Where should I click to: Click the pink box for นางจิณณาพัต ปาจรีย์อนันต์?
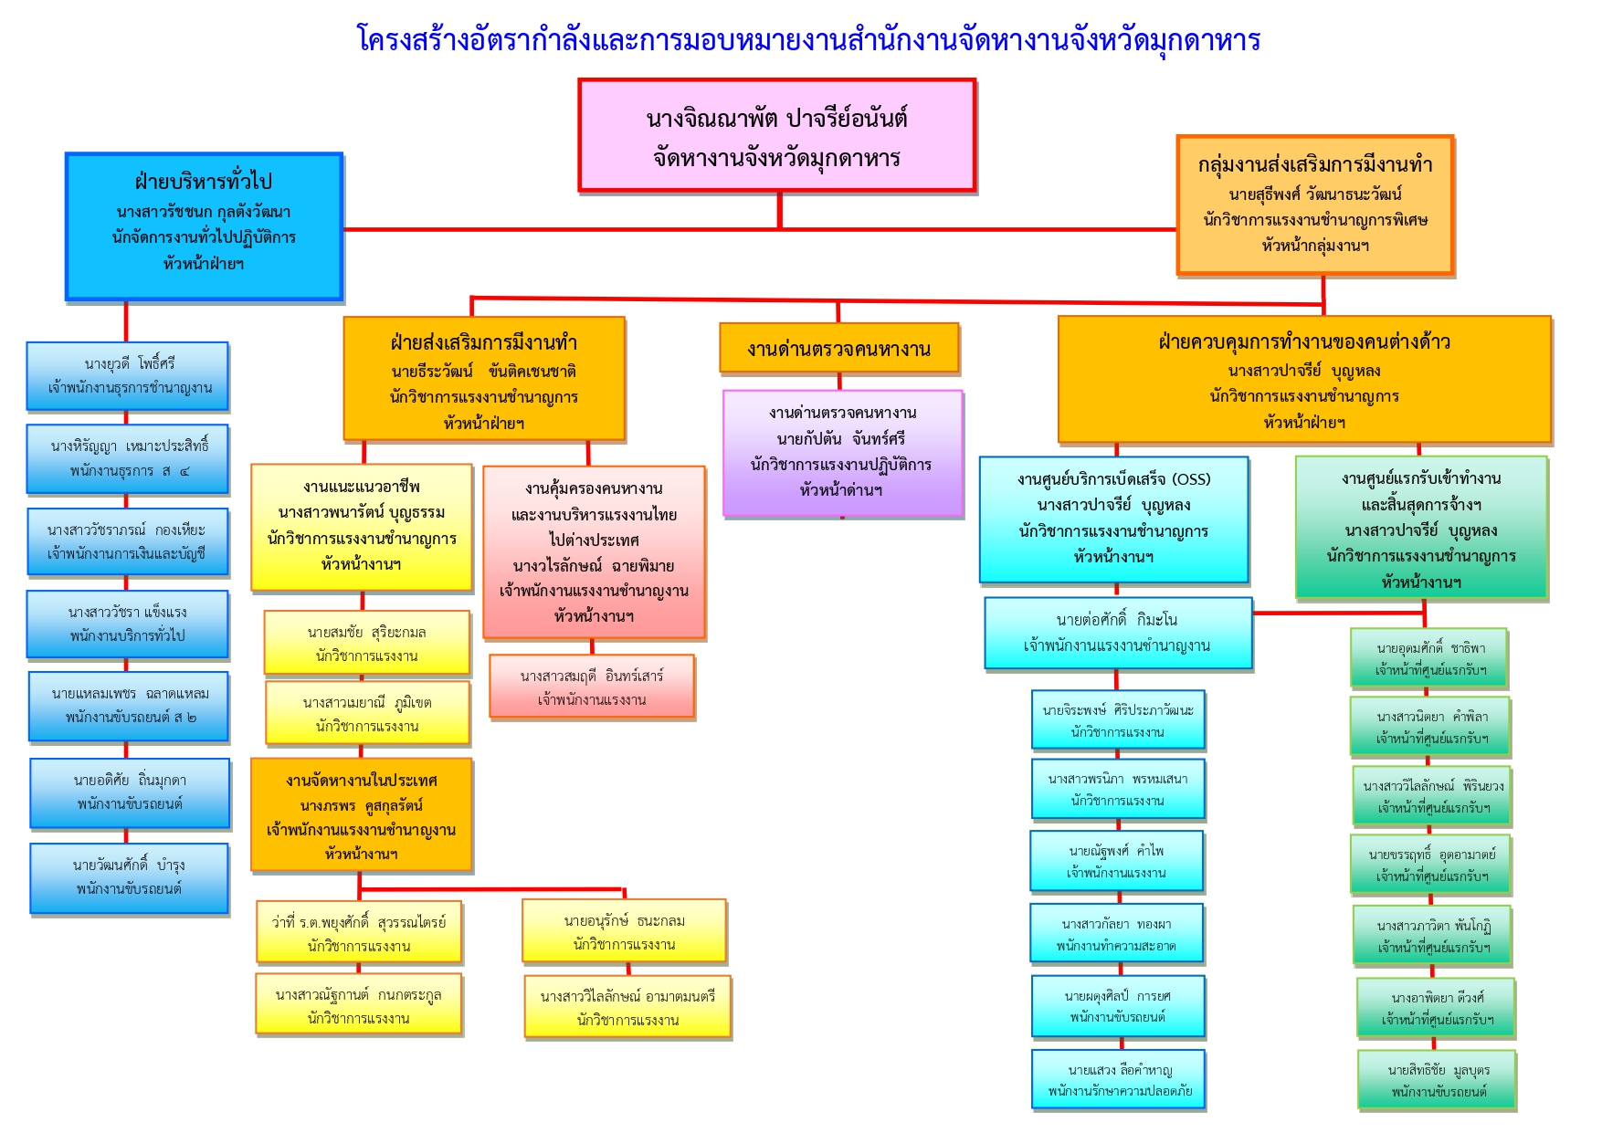coord(776,136)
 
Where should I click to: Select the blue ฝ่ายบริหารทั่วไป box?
coord(204,226)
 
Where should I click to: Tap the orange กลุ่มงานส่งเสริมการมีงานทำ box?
coord(1315,205)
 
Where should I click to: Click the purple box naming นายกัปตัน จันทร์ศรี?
coord(842,453)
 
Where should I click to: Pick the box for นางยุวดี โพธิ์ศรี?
coord(128,376)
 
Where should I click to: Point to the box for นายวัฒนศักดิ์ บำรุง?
coord(129,877)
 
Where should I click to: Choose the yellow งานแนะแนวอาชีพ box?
coord(362,526)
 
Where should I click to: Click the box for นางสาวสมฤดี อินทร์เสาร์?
coord(592,687)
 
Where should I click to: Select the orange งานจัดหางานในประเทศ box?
coord(362,815)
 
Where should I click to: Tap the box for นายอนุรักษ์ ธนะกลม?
coord(624,932)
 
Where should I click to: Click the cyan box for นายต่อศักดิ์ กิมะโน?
coord(1117,633)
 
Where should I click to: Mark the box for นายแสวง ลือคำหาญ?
coord(1119,1080)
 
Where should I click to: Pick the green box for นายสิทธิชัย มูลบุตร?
coord(1437,1081)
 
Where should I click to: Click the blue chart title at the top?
coord(808,40)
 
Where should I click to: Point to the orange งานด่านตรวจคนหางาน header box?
coord(838,349)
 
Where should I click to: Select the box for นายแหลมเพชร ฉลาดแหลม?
coord(129,706)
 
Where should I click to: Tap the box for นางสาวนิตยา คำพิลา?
coord(1430,728)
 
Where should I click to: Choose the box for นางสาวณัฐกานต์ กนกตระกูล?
coord(359,1006)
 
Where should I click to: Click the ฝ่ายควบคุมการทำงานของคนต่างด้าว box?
coord(1303,380)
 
